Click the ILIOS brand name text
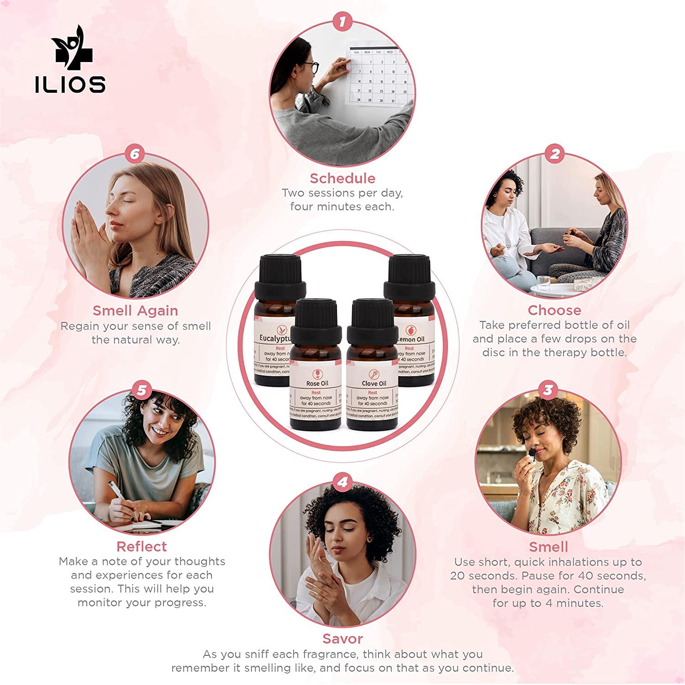pos(70,84)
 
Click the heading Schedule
pos(342,178)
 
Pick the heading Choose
pos(554,310)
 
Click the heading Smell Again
pos(135,311)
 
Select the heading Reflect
pos(142,546)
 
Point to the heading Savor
pos(342,638)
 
